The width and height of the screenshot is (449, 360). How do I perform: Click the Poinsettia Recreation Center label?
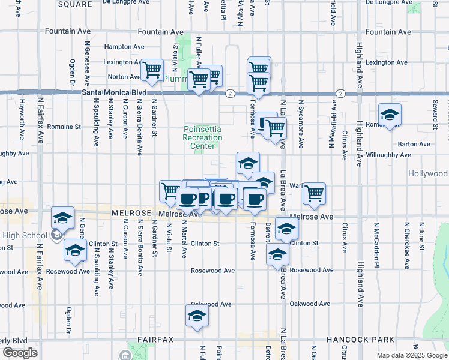click(x=202, y=138)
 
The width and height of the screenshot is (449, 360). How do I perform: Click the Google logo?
click(x=20, y=353)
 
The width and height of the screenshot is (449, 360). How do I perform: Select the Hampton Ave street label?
click(x=124, y=47)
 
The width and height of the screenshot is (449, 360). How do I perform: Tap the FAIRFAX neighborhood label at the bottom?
click(x=155, y=340)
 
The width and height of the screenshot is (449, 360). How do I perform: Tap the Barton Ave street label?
click(x=414, y=145)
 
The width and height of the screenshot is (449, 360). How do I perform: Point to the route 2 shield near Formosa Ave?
click(x=230, y=94)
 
